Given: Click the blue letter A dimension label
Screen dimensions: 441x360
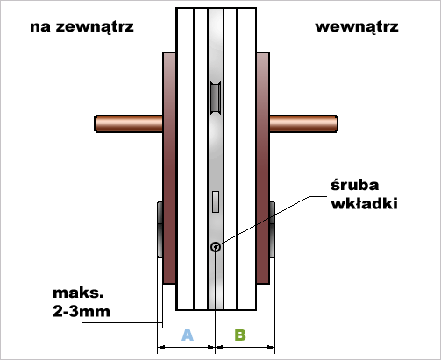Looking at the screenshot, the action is pos(188,335).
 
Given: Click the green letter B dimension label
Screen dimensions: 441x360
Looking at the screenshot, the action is pos(240,335).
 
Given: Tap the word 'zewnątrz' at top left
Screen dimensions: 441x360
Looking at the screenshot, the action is pos(95,27).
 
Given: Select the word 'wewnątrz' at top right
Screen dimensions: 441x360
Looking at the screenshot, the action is pos(357,27).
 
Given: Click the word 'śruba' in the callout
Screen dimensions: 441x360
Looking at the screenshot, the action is pos(354,185).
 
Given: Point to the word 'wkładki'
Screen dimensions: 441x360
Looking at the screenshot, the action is pos(364,203).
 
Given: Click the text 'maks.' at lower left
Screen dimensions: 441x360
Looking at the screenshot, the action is pos(78,293).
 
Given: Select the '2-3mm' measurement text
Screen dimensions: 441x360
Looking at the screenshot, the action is pos(82,311).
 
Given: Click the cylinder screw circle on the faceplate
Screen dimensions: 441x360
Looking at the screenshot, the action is pos(216,247).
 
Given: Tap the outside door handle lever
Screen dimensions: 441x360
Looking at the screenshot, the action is pos(129,124).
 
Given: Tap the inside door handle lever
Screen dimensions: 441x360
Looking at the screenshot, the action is pos(303,124).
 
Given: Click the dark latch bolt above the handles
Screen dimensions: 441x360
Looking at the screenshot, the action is pos(216,98).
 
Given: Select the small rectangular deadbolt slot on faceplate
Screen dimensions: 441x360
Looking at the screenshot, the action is pos(216,201).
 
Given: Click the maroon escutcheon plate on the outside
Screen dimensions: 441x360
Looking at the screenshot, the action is pos(169,168).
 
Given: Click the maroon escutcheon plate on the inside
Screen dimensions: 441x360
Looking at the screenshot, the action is pos(263,168).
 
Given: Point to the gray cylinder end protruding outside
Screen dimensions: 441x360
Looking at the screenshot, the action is pos(160,229).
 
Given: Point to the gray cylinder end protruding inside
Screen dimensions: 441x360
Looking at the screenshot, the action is pos(272,229).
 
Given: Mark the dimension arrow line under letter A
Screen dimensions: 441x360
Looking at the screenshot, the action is pos(186,347).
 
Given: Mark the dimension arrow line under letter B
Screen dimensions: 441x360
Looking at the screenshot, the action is pos(245,347).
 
